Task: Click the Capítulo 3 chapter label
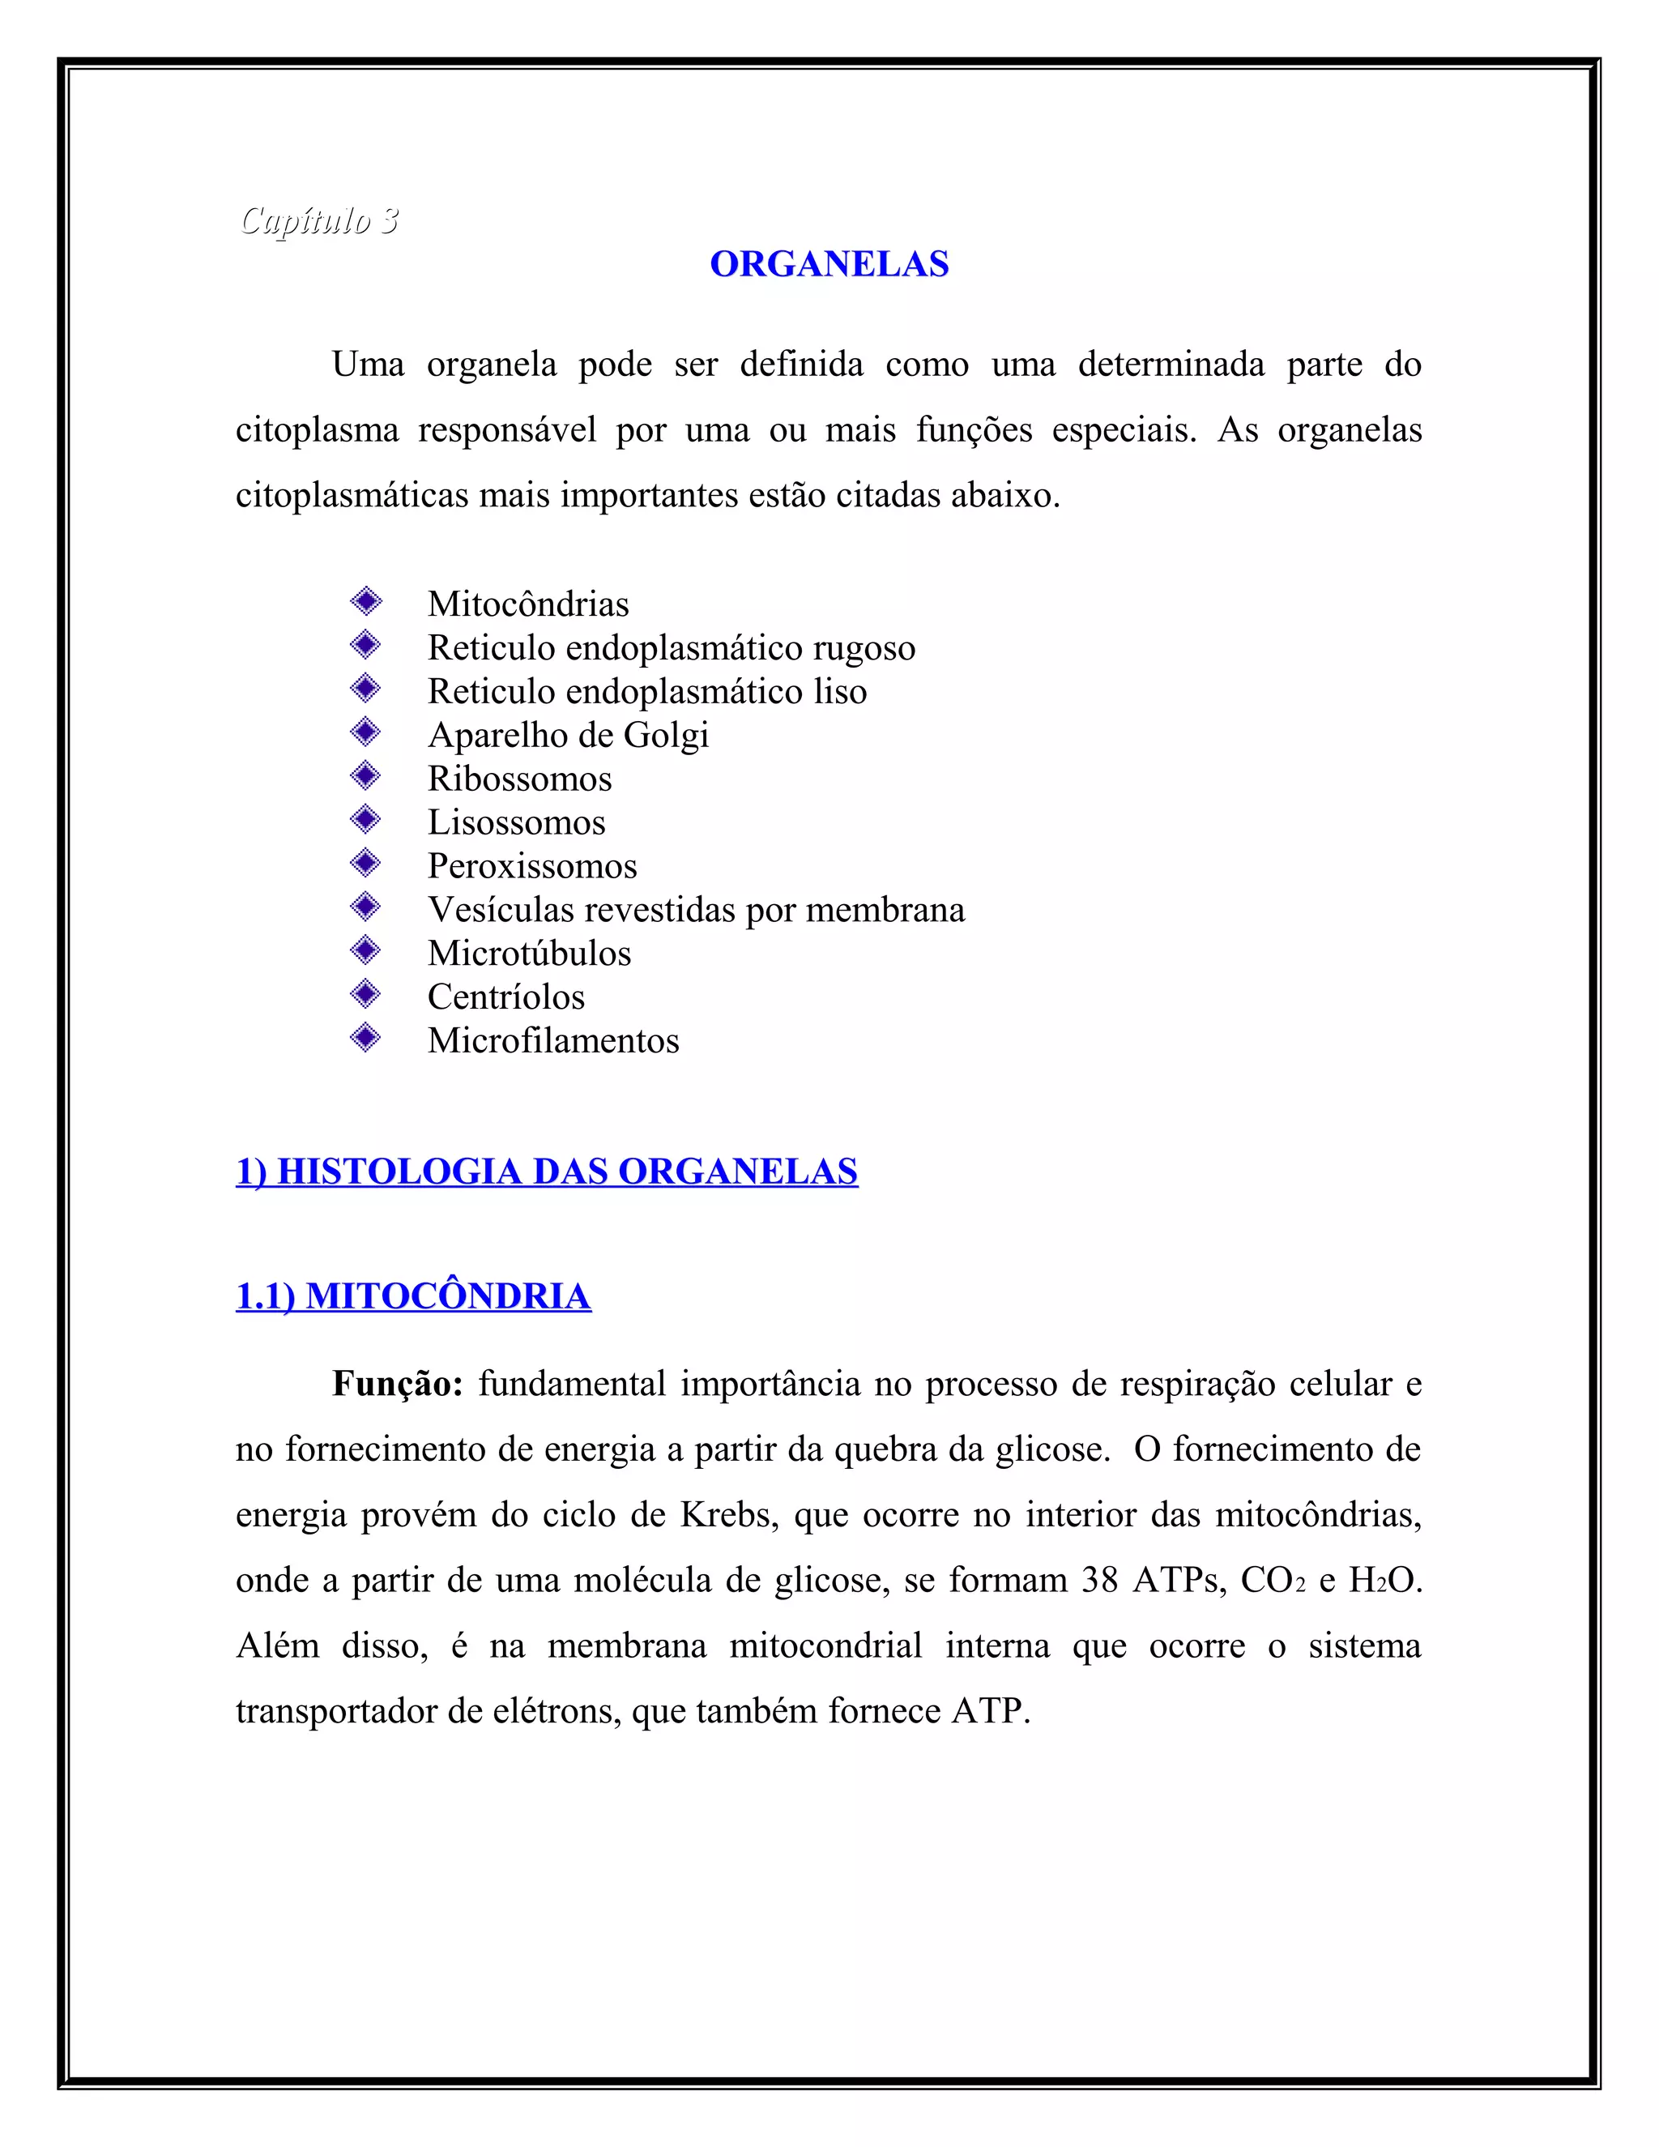coord(318,220)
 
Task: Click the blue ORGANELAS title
coord(829,264)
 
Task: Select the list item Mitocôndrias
coord(528,604)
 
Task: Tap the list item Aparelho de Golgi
coord(568,736)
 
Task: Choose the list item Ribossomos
coord(519,779)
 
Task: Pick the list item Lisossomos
coord(516,822)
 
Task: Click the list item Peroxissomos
coord(531,866)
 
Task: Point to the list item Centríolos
coord(505,997)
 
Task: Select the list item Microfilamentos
coord(552,1040)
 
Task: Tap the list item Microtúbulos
coord(529,954)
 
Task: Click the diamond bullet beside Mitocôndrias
coord(365,600)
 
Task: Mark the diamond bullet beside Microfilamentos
coord(365,1037)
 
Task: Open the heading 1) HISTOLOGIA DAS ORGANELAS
coord(547,1172)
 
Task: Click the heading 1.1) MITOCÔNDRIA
coord(413,1296)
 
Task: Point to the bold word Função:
coord(397,1384)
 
